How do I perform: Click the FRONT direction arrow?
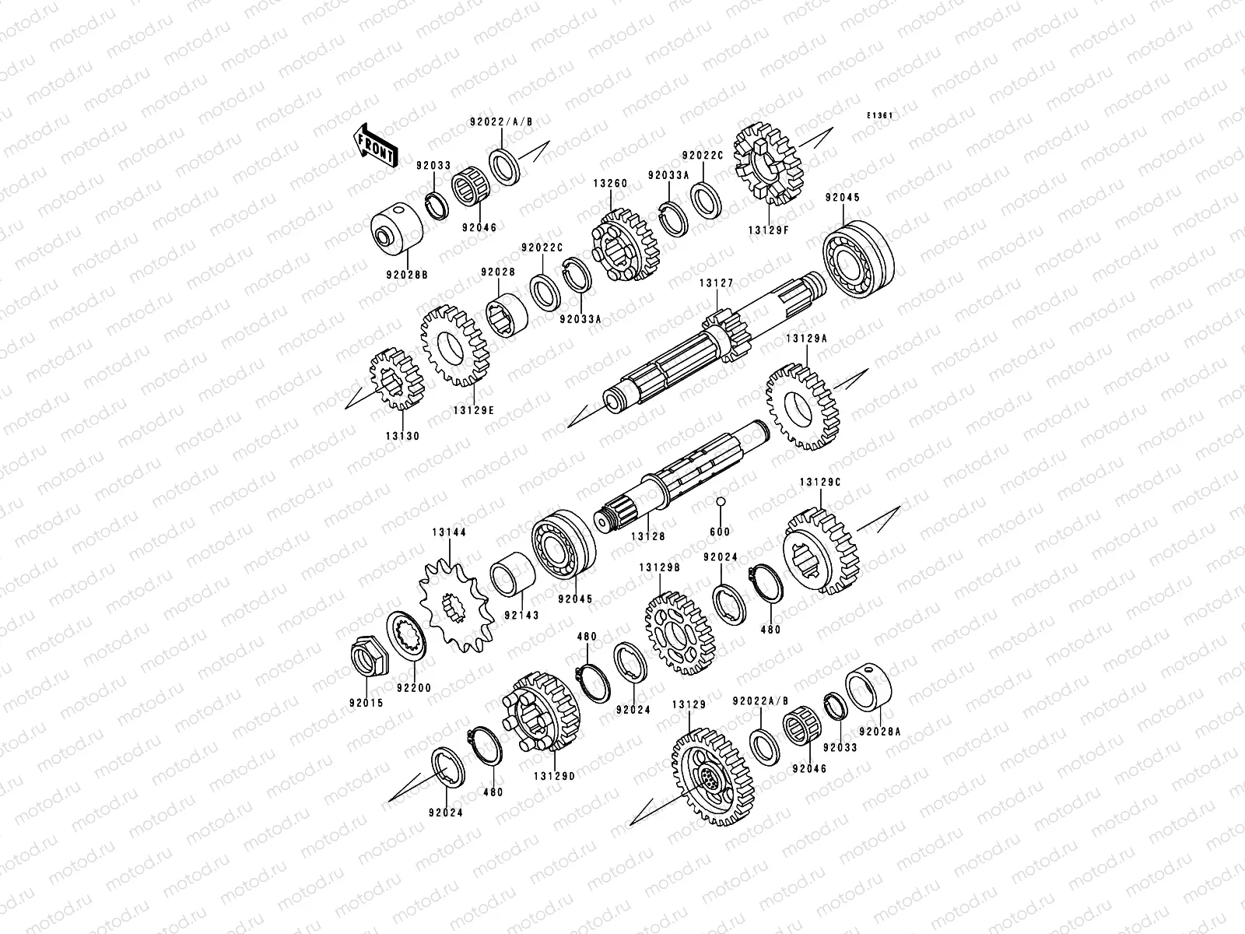[374, 146]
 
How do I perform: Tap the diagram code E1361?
[879, 116]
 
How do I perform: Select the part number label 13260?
[610, 184]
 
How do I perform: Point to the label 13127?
[717, 283]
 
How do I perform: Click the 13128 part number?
[647, 536]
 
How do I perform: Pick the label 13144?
[449, 532]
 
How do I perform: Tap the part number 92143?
[522, 615]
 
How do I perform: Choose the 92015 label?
[366, 703]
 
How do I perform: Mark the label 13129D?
[554, 776]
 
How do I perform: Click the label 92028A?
[880, 732]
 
